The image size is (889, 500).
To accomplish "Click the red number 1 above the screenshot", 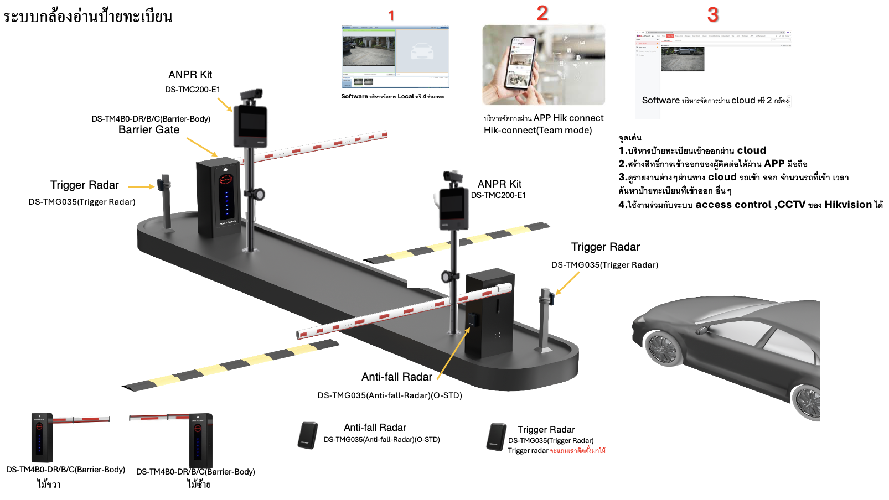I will click(391, 15).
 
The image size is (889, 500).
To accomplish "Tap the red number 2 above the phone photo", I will click(542, 13).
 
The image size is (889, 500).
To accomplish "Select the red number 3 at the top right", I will click(713, 15).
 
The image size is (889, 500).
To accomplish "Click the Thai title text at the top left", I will click(87, 16).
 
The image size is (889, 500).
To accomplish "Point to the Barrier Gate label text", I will click(149, 130).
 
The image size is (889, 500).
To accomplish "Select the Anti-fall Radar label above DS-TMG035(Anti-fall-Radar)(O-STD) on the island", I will click(396, 377).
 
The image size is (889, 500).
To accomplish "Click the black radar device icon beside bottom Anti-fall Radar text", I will click(308, 436).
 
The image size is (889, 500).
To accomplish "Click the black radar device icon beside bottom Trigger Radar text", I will click(497, 437).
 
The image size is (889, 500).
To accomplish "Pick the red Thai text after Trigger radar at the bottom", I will click(577, 451).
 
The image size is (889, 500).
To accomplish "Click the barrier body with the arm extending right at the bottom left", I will click(42, 437).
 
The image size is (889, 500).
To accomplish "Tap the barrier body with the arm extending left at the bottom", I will click(200, 440).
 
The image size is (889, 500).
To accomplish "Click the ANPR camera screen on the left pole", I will click(251, 126).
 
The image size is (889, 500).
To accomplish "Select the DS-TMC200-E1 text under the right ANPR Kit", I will click(498, 195).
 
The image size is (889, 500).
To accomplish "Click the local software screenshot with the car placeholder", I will click(395, 57).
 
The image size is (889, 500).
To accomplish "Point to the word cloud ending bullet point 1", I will click(751, 150).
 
